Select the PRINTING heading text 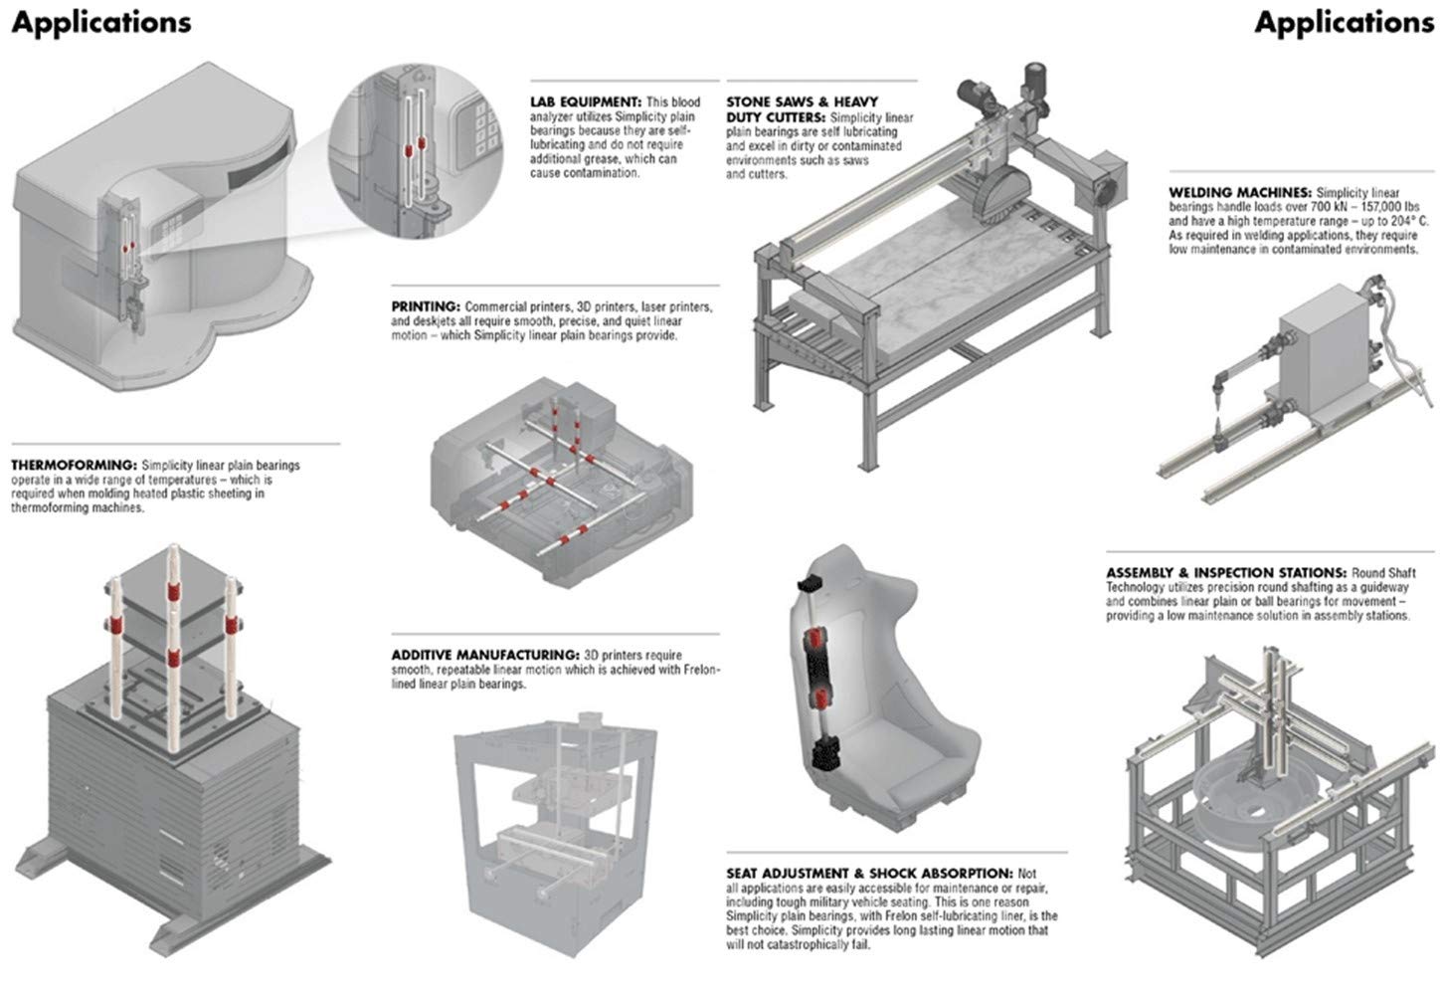tap(426, 306)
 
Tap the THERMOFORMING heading tap(74, 465)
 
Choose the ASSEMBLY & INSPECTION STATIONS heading tap(1227, 573)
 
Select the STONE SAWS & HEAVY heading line tap(802, 101)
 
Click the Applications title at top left tap(101, 23)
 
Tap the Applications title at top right tap(1344, 23)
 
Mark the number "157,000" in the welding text tap(1371, 207)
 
